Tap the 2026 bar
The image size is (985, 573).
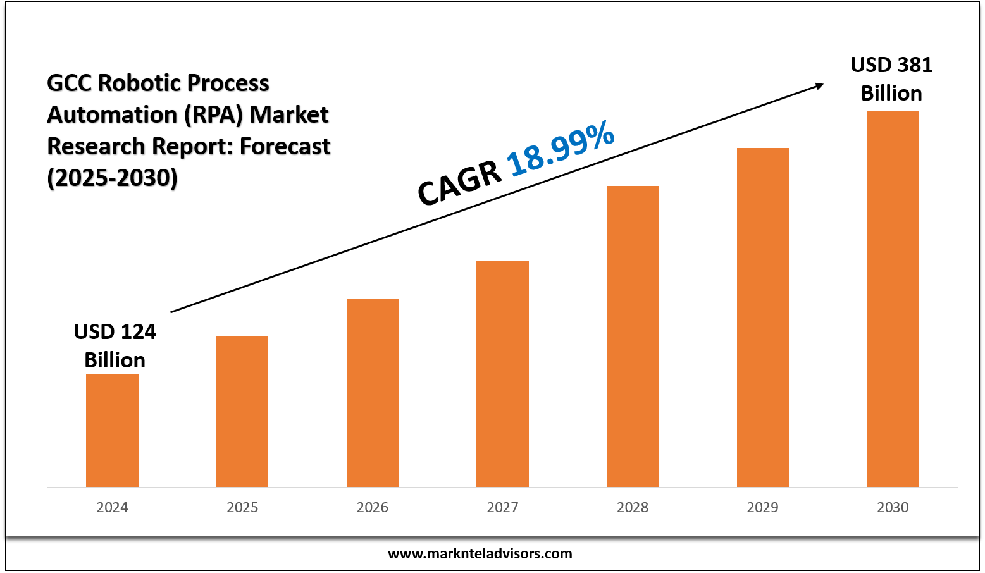click(x=373, y=393)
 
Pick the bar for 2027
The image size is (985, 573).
click(x=502, y=374)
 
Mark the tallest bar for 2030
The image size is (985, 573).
click(x=893, y=299)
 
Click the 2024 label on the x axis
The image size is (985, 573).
click(x=112, y=507)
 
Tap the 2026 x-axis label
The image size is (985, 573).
click(x=373, y=507)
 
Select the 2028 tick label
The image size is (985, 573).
click(x=633, y=507)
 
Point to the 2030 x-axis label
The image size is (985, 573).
click(x=893, y=507)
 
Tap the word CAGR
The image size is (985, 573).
click(x=459, y=183)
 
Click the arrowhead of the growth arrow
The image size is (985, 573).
click(x=818, y=85)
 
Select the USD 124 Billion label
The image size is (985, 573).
click(x=115, y=345)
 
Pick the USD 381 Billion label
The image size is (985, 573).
click(x=891, y=79)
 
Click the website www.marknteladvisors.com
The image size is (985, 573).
click(x=480, y=554)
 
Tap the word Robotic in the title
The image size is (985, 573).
click(x=139, y=83)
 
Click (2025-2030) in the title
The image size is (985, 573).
click(x=112, y=178)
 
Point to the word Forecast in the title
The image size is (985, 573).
click(x=285, y=146)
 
